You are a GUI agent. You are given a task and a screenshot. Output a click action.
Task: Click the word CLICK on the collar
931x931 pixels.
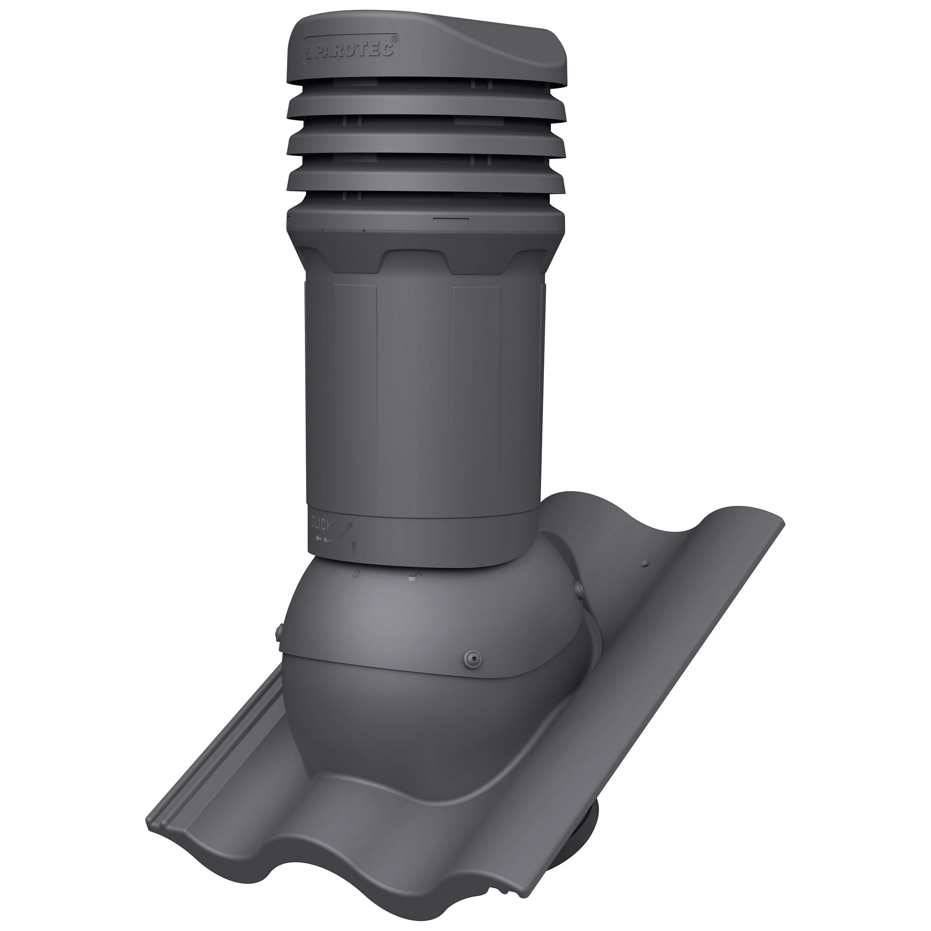pyautogui.click(x=322, y=523)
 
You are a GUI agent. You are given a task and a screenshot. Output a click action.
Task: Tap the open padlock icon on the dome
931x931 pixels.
pyautogui.click(x=412, y=577)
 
